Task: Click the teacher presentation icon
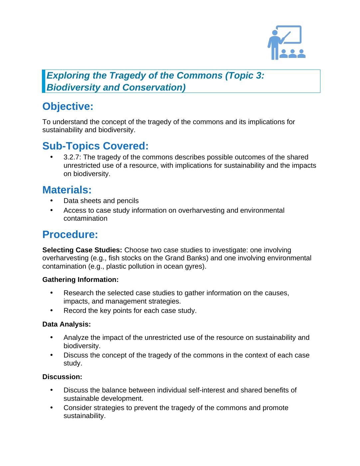pyautogui.click(x=286, y=43)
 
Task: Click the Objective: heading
pyautogui.click(x=68, y=107)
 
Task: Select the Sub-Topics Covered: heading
pyautogui.click(x=95, y=146)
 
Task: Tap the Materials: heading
pyautogui.click(x=67, y=190)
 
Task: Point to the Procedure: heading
pyautogui.click(x=70, y=235)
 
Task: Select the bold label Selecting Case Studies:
pyautogui.click(x=82, y=250)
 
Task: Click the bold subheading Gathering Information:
pyautogui.click(x=81, y=280)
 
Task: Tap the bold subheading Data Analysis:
pyautogui.click(x=67, y=324)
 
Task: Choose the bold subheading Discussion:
pyautogui.click(x=62, y=377)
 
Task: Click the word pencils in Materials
pyautogui.click(x=127, y=201)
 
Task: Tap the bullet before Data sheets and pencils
pyautogui.click(x=52, y=201)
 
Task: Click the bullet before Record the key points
pyautogui.click(x=52, y=311)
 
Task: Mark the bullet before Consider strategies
pyautogui.click(x=52, y=408)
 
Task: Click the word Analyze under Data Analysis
pyautogui.click(x=76, y=338)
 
